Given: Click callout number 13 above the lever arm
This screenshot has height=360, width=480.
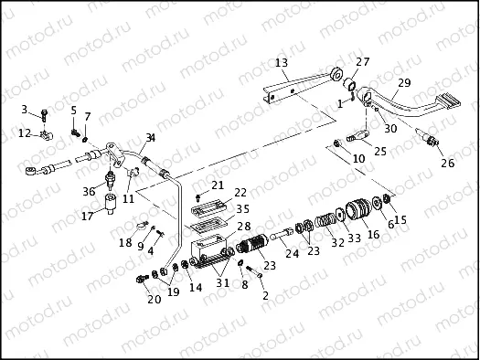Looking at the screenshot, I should (x=282, y=63).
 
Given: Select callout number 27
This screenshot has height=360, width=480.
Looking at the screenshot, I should (x=364, y=62).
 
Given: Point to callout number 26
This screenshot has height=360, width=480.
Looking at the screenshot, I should (x=447, y=164).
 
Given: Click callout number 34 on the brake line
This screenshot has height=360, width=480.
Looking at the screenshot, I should (x=150, y=137).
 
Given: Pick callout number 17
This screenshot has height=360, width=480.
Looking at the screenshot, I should (x=88, y=217).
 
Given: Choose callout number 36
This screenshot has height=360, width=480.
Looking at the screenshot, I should (x=88, y=191).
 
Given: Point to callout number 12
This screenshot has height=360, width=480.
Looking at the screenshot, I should (x=24, y=133).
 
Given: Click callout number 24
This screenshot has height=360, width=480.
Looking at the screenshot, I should (x=292, y=254).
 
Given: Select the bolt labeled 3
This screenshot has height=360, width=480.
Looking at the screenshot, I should (x=44, y=116).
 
